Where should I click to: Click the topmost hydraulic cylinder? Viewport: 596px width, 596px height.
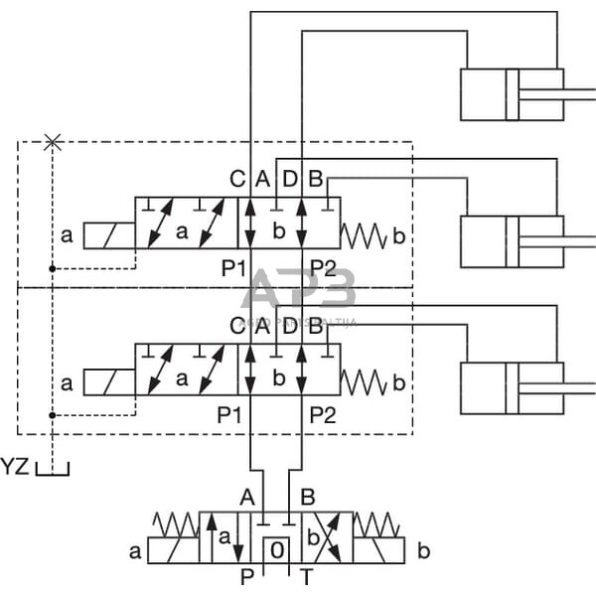[511, 93]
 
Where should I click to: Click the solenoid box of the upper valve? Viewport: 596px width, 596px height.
[109, 235]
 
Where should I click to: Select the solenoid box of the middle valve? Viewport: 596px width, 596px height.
[109, 381]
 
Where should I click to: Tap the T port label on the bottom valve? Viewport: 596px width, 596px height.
[308, 574]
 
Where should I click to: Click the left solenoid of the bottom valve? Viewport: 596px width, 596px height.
[173, 550]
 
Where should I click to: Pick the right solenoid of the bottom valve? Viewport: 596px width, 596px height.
[379, 550]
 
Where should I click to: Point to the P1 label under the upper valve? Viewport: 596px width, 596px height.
[233, 267]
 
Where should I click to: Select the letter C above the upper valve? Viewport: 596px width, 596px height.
[236, 180]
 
